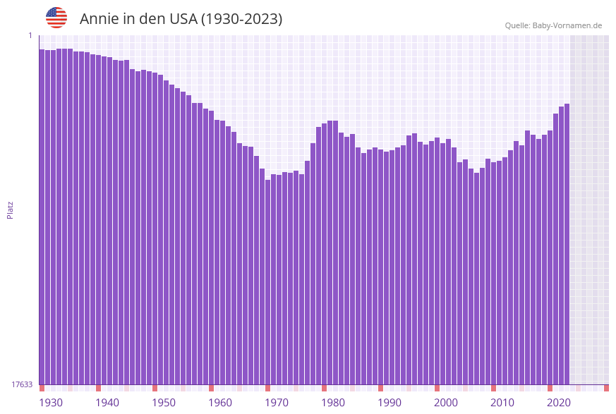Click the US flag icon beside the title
click(56, 18)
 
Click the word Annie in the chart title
click(99, 19)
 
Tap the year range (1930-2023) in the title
click(241, 19)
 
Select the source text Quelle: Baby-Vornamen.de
click(553, 25)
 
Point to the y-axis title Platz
click(11, 209)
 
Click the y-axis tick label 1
click(30, 35)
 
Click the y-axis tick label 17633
click(22, 384)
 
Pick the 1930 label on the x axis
click(50, 402)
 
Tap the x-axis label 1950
click(164, 402)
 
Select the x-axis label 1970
click(277, 402)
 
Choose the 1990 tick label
click(389, 402)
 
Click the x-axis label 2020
click(559, 402)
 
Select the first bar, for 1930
click(42, 212)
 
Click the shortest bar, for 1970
click(268, 282)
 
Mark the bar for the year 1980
click(325, 254)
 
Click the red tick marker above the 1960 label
click(211, 388)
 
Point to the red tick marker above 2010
click(493, 388)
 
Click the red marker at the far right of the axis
click(606, 388)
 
